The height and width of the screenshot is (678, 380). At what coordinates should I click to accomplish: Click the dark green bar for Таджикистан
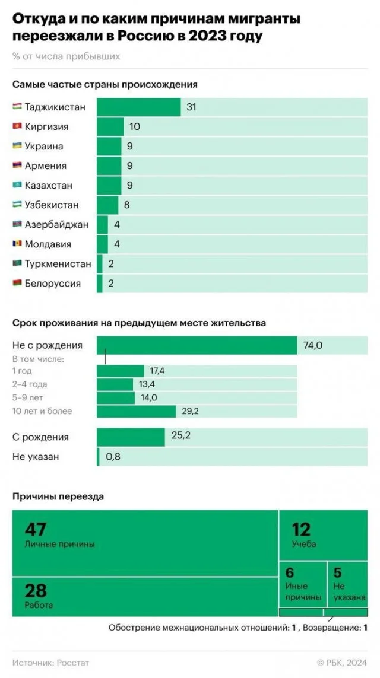point(138,107)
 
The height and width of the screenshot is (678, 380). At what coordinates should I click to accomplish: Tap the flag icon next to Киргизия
point(17,126)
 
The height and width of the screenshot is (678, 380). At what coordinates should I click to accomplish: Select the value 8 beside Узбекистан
point(126,205)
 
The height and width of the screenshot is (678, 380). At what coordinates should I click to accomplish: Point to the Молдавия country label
point(47,244)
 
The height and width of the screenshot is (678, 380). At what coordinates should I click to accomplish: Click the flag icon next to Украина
point(17,146)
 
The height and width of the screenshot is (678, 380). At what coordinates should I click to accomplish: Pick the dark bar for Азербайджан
point(102,225)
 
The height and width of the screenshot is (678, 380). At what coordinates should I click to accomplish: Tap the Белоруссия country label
point(52,284)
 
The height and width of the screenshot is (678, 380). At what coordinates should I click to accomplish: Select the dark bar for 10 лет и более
point(137,411)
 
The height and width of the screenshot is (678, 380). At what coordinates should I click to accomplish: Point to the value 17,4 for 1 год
point(157,371)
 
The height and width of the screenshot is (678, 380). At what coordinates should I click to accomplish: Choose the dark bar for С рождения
point(131,437)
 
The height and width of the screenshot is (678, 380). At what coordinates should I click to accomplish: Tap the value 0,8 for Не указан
point(113,457)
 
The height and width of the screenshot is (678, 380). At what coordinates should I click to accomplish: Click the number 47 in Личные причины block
point(36,529)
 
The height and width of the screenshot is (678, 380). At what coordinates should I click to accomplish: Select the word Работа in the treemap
point(39,605)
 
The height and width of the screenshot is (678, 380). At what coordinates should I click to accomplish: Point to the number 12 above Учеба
point(301,529)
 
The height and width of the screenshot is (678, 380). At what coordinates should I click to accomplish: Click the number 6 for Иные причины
point(290,572)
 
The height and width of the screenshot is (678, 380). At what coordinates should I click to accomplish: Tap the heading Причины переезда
point(58,496)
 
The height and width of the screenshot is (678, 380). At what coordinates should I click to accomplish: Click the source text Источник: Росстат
point(50,663)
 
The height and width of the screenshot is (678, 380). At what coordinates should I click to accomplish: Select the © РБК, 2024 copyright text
point(342,663)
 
